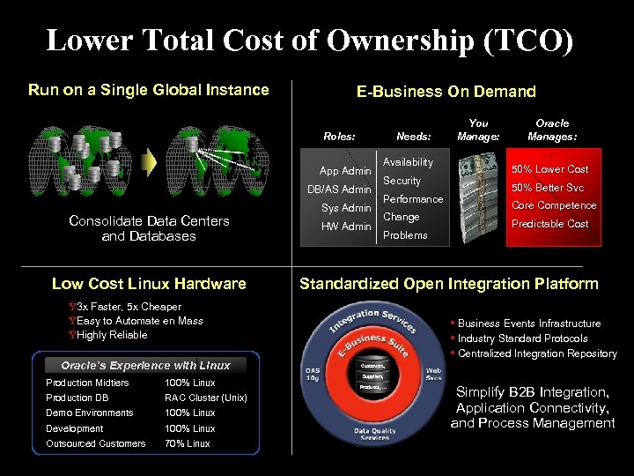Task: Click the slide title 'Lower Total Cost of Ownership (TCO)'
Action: click(x=309, y=41)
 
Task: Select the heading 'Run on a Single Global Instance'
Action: click(x=148, y=90)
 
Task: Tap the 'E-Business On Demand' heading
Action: click(x=446, y=92)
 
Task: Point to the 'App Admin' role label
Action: click(x=345, y=171)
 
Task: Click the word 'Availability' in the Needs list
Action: click(x=408, y=162)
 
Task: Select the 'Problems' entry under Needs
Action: click(x=405, y=235)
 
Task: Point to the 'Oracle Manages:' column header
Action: click(x=552, y=130)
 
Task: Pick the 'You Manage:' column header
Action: click(x=478, y=130)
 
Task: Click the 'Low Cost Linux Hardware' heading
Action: click(x=149, y=284)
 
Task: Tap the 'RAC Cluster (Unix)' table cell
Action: click(x=205, y=398)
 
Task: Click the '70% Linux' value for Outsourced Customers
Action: click(x=188, y=443)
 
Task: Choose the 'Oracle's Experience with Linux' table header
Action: click(x=145, y=365)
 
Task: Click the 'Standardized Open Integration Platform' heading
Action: click(x=448, y=284)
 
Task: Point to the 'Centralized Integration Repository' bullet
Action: click(x=537, y=353)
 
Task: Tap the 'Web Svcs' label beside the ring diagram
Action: click(x=434, y=375)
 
